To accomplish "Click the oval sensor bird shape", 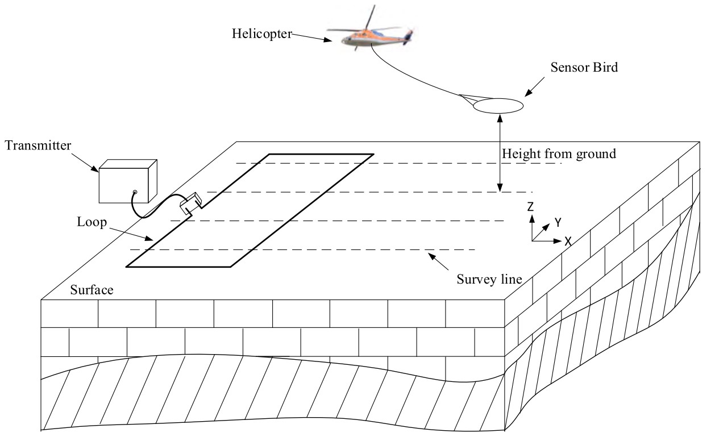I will (497, 106).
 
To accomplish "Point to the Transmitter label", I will (38, 145).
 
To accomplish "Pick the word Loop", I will (92, 222).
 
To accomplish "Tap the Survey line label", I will (489, 280).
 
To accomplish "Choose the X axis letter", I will (567, 241).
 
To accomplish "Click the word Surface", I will (92, 290).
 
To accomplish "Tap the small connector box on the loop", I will (190, 203).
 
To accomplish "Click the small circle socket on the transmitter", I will (135, 193).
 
